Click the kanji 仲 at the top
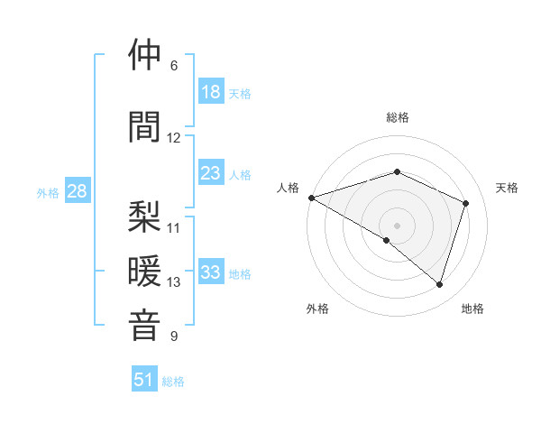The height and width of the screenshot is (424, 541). (x=146, y=57)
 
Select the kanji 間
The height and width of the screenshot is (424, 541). (x=146, y=127)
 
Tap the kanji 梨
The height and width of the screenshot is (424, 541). (x=146, y=217)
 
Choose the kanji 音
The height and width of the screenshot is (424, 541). (x=146, y=325)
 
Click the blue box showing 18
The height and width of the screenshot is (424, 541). (x=211, y=92)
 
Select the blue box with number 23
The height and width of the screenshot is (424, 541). (x=211, y=173)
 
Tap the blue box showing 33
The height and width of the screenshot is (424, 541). (x=211, y=272)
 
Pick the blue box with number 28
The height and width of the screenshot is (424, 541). (x=77, y=191)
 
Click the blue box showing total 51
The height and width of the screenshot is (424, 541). (x=144, y=380)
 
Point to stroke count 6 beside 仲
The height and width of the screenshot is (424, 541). (x=174, y=66)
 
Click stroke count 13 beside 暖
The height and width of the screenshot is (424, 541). (x=174, y=282)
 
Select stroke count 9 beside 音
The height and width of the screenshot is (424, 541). (x=174, y=336)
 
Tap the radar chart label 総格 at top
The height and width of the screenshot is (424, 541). (x=398, y=117)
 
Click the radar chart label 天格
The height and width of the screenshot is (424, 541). (x=507, y=188)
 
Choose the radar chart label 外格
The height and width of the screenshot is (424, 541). (x=317, y=309)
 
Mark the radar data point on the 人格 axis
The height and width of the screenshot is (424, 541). (x=311, y=197)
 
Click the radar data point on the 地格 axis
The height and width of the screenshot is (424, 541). (x=440, y=284)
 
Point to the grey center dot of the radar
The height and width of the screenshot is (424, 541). (x=397, y=225)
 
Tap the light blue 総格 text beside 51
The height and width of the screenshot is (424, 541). (x=173, y=382)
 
